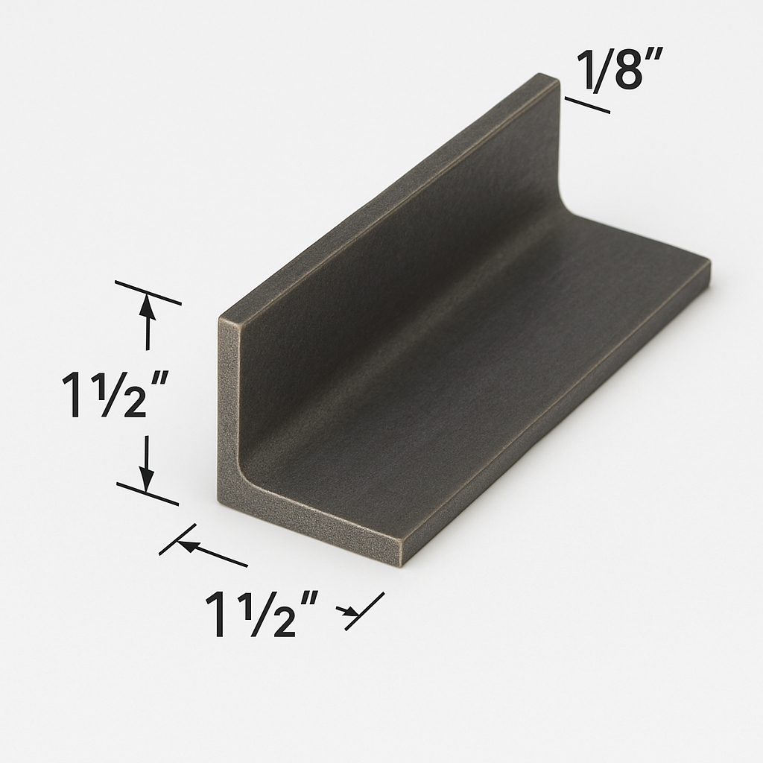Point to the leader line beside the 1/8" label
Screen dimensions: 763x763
pos(587,105)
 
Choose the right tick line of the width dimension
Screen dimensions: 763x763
pos(365,611)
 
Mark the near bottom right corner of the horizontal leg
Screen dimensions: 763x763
pos(402,560)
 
